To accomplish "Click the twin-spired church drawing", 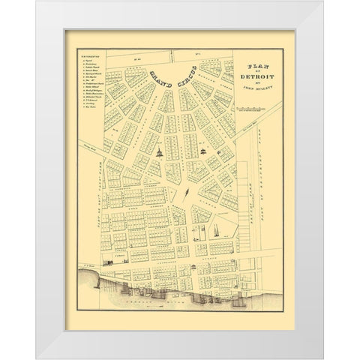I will click(217, 227).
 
